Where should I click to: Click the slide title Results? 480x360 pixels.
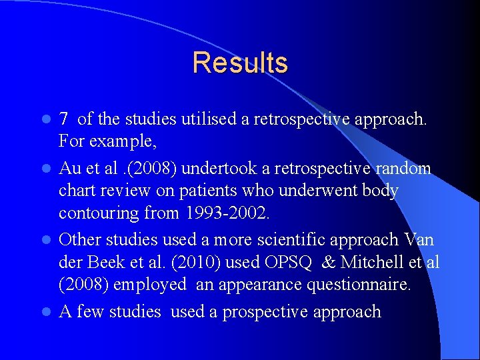(240, 63)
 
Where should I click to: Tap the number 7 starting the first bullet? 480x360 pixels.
(64, 120)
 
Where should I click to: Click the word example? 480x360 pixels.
(121, 142)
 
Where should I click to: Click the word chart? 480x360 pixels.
(77, 191)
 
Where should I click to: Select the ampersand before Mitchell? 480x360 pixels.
(327, 262)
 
